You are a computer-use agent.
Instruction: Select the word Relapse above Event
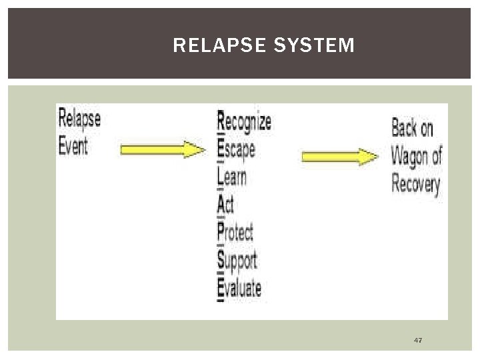coord(79,119)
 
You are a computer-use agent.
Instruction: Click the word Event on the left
coord(73,145)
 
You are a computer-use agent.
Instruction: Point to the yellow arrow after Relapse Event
coord(163,150)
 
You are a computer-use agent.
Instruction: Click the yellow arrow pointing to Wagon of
coord(339,157)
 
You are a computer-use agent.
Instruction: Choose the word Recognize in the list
coord(245,121)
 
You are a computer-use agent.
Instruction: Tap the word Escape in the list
coord(237,149)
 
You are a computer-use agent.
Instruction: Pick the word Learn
coord(232,177)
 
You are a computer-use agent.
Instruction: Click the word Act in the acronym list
coord(226,204)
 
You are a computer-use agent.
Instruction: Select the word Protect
coord(236,232)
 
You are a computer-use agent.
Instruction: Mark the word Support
coord(237,260)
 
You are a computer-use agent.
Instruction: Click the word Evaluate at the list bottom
coord(239,288)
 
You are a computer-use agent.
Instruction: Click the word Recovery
coord(415,183)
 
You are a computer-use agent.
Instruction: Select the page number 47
coord(418,341)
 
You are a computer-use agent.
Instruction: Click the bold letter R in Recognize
coord(221,121)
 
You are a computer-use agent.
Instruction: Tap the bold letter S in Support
coord(221,260)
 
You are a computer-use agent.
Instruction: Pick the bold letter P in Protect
coord(221,232)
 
